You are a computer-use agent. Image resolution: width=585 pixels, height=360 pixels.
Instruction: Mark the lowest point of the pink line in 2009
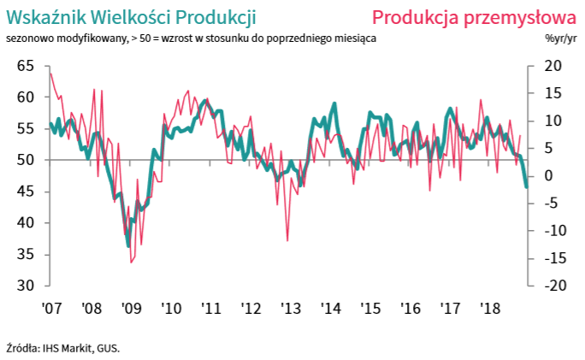click(x=131, y=263)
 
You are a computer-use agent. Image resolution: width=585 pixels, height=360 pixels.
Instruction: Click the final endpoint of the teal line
click(x=526, y=187)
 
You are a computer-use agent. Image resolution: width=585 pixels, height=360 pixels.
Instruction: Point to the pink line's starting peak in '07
click(x=50, y=74)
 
